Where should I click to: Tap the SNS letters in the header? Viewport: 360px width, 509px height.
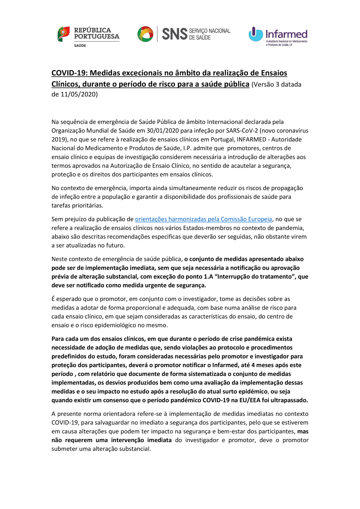point(175,34)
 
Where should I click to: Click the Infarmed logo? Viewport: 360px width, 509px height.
point(278,36)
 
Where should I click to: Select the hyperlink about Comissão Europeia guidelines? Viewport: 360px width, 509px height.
point(203,219)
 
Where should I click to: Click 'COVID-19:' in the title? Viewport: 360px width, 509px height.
point(69,73)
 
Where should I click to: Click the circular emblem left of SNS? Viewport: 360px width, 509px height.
point(145,34)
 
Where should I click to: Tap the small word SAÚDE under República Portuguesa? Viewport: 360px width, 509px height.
point(80,46)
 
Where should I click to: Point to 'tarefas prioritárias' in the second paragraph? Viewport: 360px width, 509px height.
point(77,206)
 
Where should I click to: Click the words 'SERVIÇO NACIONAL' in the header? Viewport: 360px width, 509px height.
point(210,31)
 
